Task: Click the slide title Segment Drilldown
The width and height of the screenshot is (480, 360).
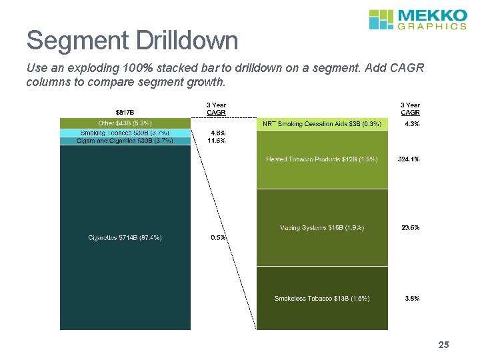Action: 132,41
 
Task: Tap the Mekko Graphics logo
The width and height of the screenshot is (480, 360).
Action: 417,19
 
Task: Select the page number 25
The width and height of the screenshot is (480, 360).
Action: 444,345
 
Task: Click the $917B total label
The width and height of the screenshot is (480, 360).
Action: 125,112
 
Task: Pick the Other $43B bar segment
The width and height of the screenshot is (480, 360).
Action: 125,123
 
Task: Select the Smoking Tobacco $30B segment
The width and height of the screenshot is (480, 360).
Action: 125,133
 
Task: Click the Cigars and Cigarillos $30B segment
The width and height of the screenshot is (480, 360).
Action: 125,141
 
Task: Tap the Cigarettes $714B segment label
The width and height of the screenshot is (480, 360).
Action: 125,237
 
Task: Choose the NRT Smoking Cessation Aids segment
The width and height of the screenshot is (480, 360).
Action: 322,124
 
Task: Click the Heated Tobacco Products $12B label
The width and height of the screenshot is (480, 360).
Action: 322,159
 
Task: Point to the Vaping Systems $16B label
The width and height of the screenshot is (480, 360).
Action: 322,228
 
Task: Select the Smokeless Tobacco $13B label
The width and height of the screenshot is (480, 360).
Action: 322,298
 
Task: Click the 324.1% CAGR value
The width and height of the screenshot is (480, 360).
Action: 409,159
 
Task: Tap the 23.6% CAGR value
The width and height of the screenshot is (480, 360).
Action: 410,228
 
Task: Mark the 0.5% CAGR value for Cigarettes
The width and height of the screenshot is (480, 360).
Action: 218,237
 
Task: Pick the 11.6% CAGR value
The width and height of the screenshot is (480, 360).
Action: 217,141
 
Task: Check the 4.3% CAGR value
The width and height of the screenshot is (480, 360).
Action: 411,124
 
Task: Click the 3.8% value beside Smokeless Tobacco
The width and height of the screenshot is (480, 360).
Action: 412,298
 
